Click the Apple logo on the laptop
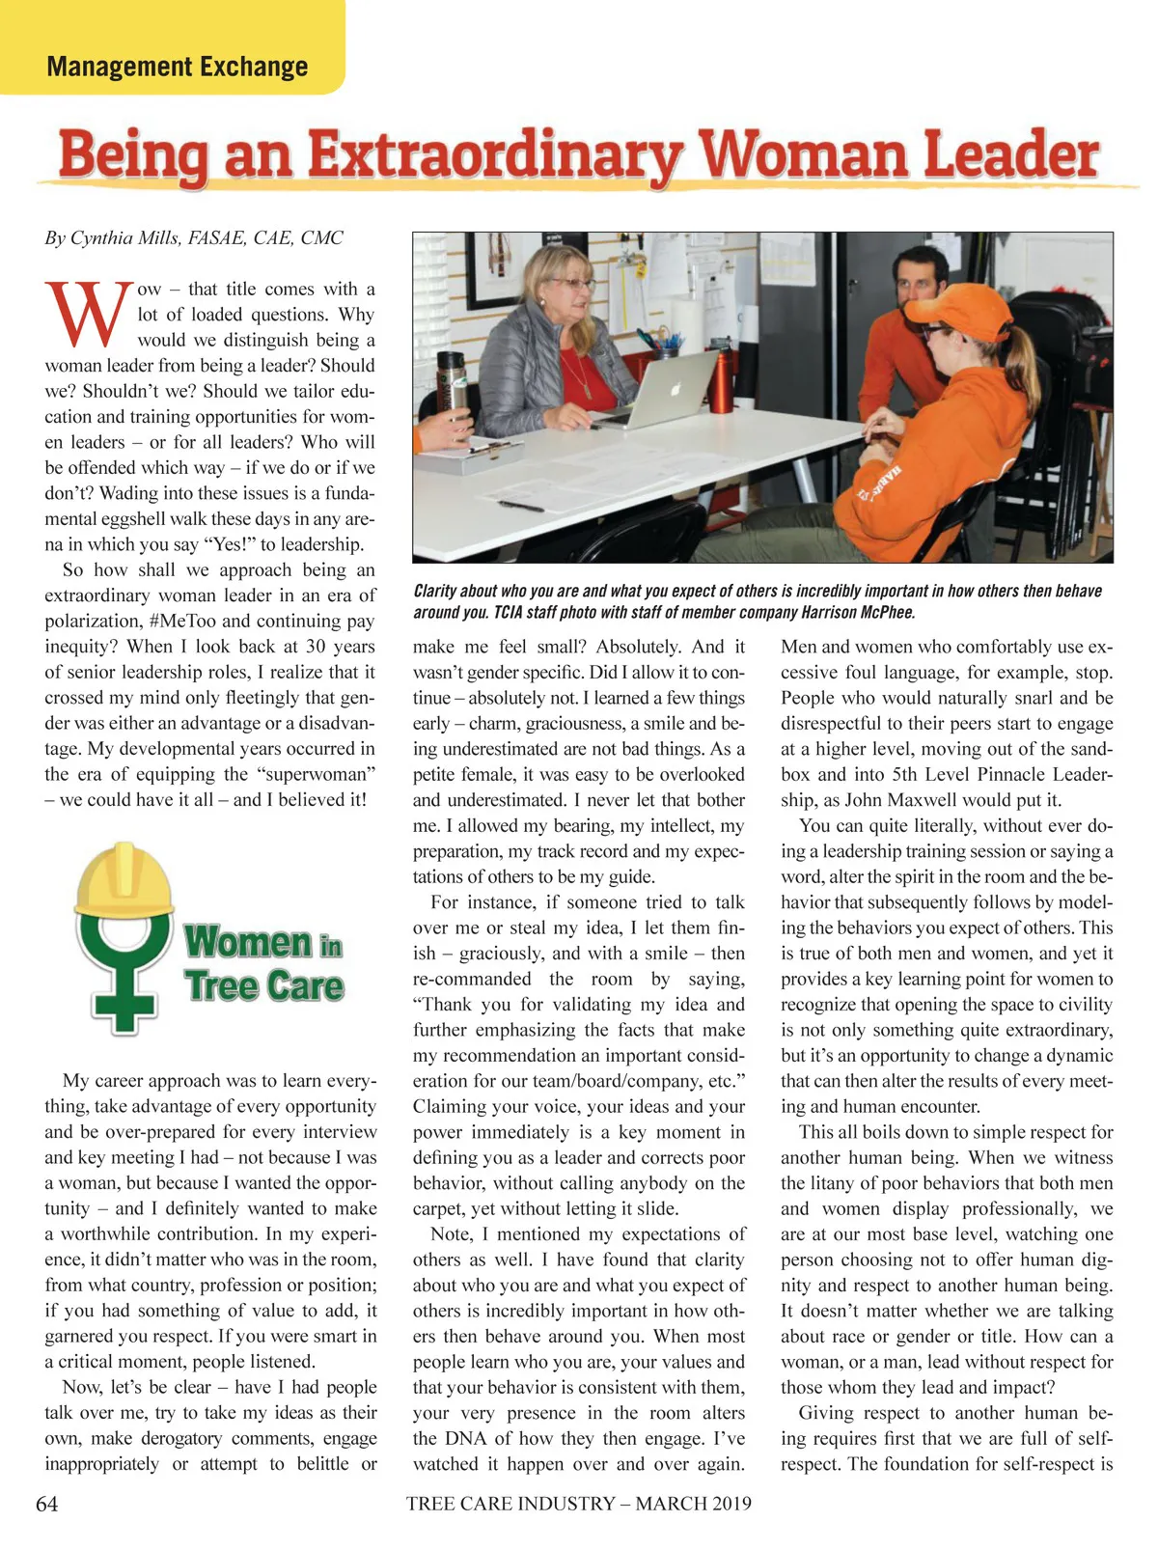click(675, 388)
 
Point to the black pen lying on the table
click(521, 505)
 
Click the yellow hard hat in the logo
click(124, 878)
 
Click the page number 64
click(46, 1504)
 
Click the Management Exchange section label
click(177, 67)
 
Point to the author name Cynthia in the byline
click(105, 237)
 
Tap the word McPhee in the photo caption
click(884, 613)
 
